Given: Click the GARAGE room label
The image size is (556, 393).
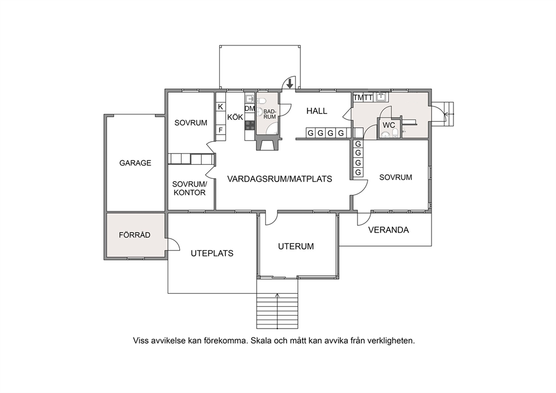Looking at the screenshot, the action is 135,163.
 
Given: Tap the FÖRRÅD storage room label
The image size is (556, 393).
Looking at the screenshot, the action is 135,235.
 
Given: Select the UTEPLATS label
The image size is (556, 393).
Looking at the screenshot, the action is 212,253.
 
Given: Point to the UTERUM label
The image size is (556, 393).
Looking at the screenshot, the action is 296,246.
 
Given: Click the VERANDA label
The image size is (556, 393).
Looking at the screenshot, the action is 388,230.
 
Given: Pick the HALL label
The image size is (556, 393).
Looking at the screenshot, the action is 317,111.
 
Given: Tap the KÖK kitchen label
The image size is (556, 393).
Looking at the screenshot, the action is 235,117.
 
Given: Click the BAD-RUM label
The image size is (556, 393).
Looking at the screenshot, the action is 270,114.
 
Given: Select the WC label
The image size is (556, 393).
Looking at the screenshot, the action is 388,125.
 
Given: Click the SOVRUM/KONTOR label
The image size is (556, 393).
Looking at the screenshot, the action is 189,188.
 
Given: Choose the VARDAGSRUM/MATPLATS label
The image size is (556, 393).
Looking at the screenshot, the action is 280,179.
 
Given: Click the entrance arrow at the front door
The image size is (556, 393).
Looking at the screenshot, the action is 290,84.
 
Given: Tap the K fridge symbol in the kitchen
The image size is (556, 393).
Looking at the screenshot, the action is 220,107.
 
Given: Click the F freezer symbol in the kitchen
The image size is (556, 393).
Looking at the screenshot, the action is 220,130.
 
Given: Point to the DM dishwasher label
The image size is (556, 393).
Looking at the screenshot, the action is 249,109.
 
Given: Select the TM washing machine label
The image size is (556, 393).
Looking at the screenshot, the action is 358,98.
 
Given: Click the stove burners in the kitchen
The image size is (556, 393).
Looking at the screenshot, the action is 249,125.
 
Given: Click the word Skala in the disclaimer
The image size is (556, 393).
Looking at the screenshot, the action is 261,341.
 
